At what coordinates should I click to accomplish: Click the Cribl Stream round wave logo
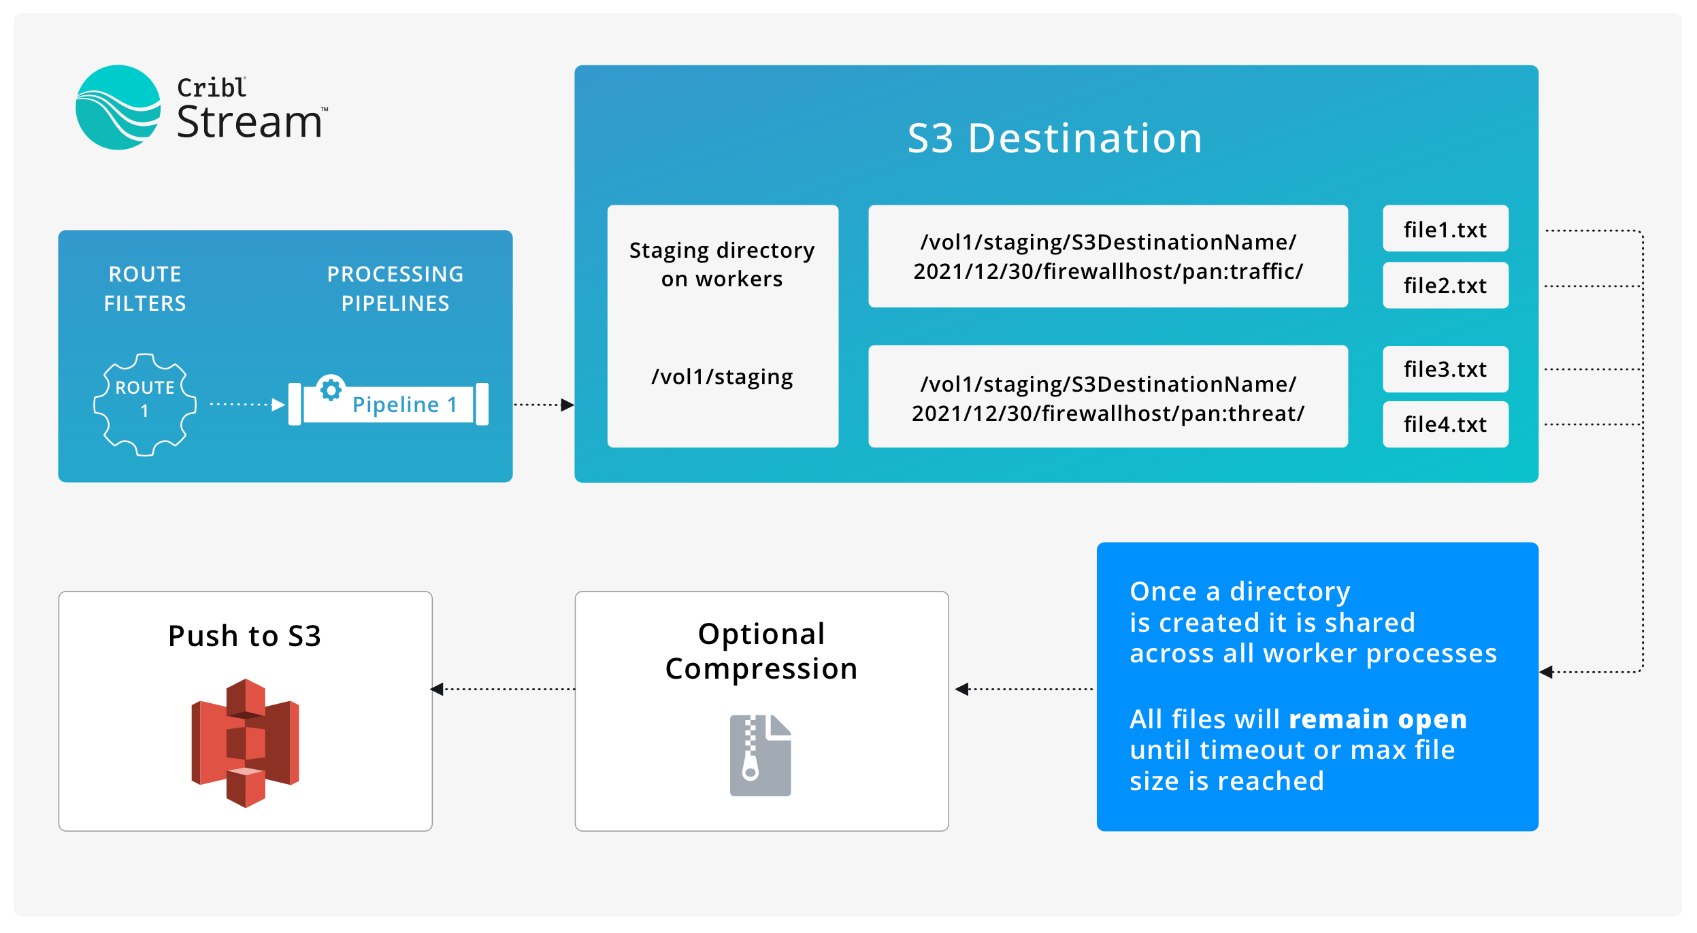118,107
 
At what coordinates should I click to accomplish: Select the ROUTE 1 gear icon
145,404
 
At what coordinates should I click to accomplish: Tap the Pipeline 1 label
404,405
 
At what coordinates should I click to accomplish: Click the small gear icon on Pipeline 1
331,390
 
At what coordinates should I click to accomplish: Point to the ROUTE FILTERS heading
145,288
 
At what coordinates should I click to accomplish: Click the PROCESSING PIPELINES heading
395,288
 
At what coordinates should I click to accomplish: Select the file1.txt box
1445,229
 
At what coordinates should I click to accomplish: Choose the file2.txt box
1445,285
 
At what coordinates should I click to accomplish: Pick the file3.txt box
1445,369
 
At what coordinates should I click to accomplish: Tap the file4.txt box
1445,424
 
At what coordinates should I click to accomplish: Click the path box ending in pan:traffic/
1107,256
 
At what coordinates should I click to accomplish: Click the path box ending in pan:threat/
1107,398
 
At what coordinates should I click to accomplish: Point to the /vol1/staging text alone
722,376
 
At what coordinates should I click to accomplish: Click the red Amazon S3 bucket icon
245,743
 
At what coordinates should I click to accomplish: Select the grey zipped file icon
760,755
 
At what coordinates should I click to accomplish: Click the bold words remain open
1377,719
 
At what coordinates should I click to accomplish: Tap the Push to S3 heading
244,636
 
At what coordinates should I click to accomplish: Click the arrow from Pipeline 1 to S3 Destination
543,405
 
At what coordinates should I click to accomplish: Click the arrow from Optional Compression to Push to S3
504,689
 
